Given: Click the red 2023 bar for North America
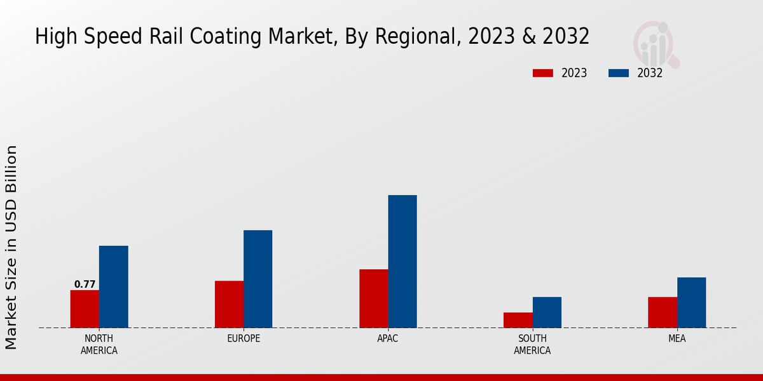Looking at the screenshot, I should [85, 309].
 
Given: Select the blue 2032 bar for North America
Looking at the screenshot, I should [113, 287].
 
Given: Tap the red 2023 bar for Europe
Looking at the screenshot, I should [229, 304].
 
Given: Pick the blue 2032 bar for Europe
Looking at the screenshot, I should [258, 279].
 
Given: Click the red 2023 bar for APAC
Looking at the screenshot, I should [373, 298].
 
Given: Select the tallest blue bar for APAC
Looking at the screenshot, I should [402, 262].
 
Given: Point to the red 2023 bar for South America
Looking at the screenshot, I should [518, 320].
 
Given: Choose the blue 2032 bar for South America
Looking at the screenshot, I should [547, 312].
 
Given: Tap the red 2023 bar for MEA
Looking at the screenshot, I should [663, 312].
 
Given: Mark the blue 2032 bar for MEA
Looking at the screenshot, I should [691, 303].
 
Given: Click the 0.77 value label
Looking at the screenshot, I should [85, 284].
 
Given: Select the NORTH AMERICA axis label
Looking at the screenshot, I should [99, 344].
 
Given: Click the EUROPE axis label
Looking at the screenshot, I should [244, 338].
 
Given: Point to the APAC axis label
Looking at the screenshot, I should [388, 338].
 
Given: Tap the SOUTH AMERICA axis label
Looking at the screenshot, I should [532, 344].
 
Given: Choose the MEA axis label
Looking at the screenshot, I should [677, 338].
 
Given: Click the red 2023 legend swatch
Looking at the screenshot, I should [543, 73].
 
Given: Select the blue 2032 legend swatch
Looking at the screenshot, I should [619, 73].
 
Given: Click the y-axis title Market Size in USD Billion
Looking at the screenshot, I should [11, 248].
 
